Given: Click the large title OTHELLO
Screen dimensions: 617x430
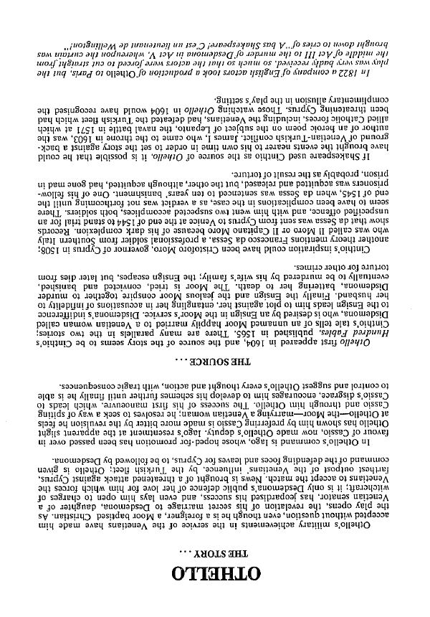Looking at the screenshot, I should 215,574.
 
